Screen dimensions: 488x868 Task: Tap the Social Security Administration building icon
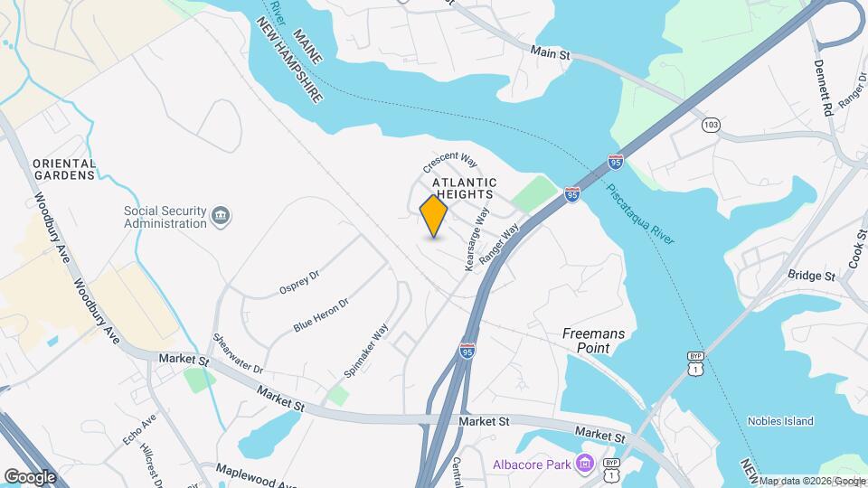point(221,216)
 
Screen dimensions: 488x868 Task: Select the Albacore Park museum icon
point(585,465)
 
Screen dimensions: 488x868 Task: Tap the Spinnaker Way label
point(366,351)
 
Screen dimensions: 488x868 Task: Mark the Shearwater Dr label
point(238,355)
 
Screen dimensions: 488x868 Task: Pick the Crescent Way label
point(449,162)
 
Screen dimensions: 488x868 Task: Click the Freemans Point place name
point(593,341)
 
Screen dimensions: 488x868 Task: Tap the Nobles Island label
point(780,421)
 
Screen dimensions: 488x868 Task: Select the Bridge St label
point(810,276)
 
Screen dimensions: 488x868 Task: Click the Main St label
point(551,54)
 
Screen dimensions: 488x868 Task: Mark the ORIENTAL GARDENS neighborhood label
point(63,169)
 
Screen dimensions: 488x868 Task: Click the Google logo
point(30,476)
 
